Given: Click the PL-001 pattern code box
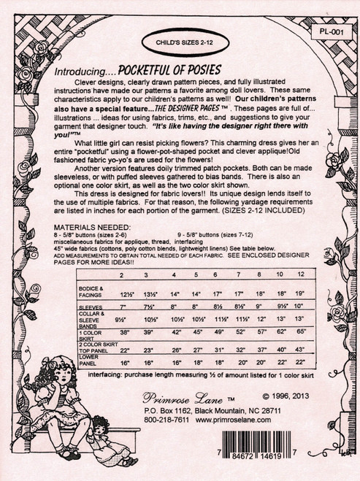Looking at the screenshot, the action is tap(332, 32).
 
